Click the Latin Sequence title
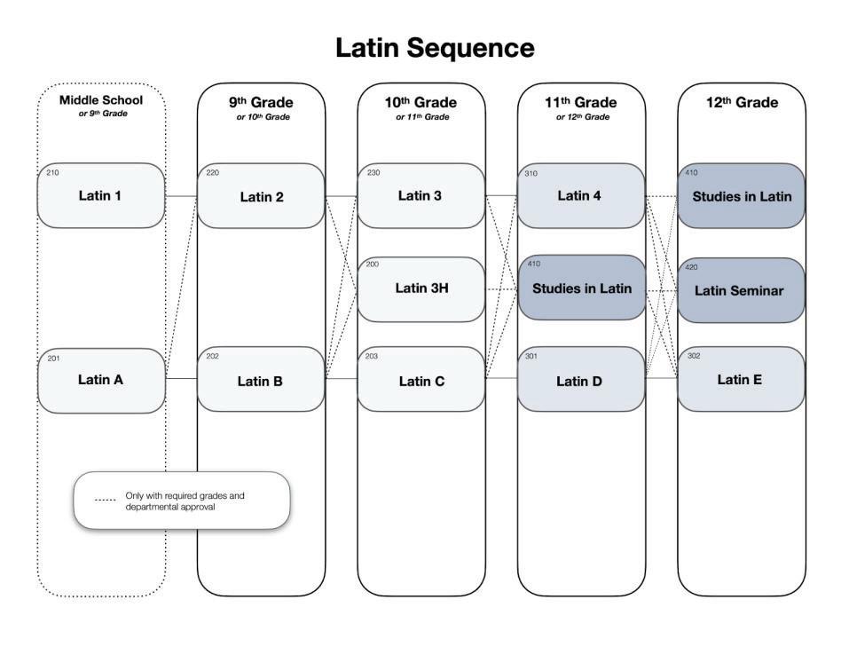pos(435,48)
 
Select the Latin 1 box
pos(100,195)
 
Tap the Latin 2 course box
pos(261,196)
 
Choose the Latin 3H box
pos(421,288)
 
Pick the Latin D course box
pos(581,381)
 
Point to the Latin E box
pos(741,380)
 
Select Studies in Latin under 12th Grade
pos(741,196)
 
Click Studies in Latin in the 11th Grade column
pos(581,288)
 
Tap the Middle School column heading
pos(100,99)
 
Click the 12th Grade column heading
pos(742,102)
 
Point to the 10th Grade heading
pos(421,102)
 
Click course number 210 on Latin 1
pos(52,173)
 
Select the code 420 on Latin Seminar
pos(692,265)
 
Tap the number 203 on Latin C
pos(373,357)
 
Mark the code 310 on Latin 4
pos(532,173)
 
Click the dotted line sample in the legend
pos(106,501)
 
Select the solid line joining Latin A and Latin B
pos(181,379)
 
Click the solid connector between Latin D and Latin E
pos(661,379)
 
